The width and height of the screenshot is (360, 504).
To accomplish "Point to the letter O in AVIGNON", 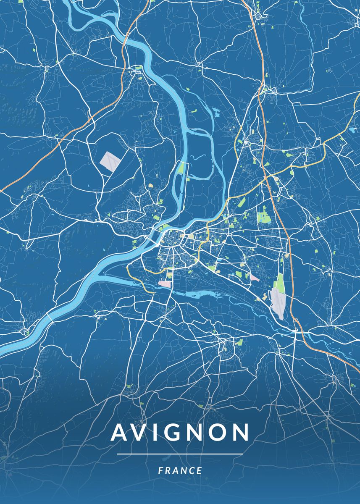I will pyautogui.click(x=216, y=433).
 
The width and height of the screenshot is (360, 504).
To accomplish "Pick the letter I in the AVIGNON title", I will pyautogui.click(x=154, y=433).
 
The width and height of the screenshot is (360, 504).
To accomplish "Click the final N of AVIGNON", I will pyautogui.click(x=240, y=433).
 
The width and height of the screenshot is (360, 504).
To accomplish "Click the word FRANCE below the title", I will pyautogui.click(x=180, y=471).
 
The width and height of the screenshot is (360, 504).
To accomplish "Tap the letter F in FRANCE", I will pyautogui.click(x=160, y=471).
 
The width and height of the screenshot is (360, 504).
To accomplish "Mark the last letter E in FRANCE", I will pyautogui.click(x=200, y=471).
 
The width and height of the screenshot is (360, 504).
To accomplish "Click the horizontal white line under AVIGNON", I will pyautogui.click(x=180, y=454).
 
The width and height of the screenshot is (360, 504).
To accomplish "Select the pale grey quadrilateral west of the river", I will pyautogui.click(x=109, y=160).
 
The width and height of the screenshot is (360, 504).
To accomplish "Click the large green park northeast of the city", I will pyautogui.click(x=264, y=217).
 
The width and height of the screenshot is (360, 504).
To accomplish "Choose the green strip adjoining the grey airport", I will pyautogui.click(x=279, y=282).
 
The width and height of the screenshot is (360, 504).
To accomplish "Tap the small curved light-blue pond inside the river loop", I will pyautogui.click(x=197, y=159).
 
